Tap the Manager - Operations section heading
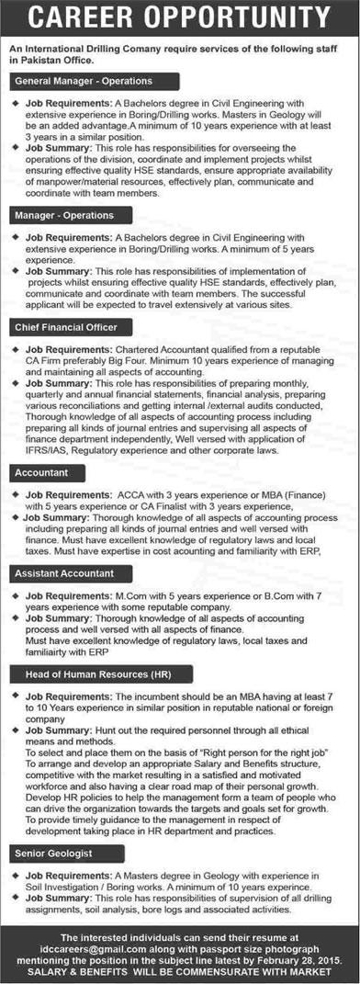coord(64,215)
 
